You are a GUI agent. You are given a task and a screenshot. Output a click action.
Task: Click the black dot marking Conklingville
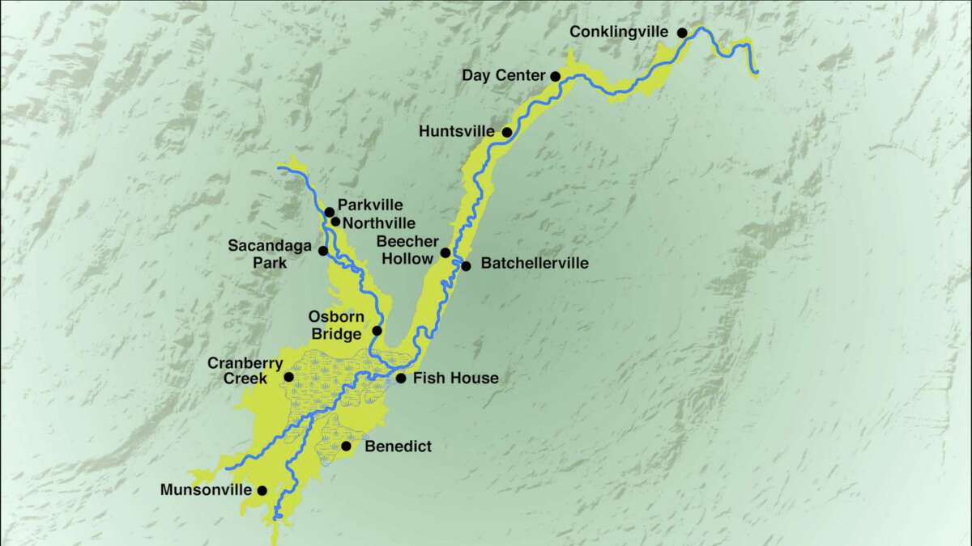682,32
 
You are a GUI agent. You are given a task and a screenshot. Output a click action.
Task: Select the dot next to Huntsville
507,132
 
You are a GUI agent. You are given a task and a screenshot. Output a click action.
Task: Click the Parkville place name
370,205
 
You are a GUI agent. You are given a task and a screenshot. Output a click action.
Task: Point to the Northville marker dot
335,222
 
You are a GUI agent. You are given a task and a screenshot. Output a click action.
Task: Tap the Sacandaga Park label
264,252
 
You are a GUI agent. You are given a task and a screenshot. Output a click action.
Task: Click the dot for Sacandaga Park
323,251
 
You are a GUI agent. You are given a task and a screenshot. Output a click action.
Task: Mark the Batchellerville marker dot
466,266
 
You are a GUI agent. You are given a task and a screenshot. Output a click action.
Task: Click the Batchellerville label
534,264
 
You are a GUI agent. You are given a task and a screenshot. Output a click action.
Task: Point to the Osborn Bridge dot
377,330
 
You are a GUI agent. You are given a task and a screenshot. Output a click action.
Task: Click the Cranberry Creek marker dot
288,377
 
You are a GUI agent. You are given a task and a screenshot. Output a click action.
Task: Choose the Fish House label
456,378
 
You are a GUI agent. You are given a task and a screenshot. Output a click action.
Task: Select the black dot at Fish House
400,378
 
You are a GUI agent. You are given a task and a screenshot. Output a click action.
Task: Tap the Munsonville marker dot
262,490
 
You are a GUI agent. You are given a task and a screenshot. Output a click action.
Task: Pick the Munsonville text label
206,489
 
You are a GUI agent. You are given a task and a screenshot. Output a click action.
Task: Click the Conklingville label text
619,32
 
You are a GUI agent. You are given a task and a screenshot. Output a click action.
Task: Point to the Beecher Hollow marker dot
446,252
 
